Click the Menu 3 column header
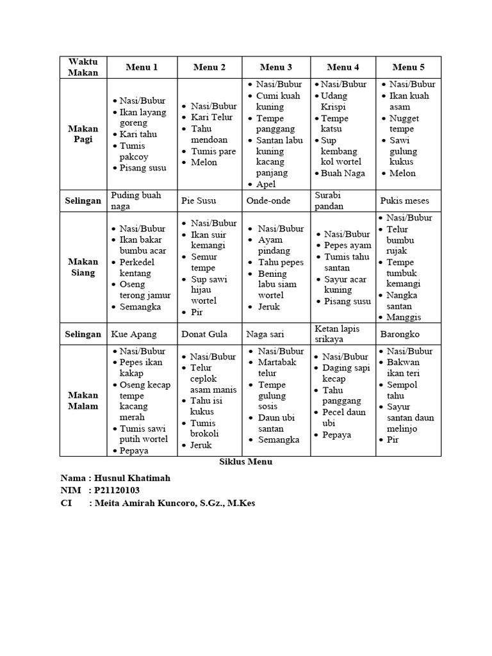pos(276,67)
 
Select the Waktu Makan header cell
pos(83,67)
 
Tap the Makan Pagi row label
pos(83,134)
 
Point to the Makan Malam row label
pos(83,400)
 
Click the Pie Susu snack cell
pos(199,201)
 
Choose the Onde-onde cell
pos(268,201)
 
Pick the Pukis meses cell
pos(405,201)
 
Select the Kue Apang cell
pos(133,334)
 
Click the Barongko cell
pos(401,334)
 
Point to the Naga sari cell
pos(266,334)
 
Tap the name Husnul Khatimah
pos(134,478)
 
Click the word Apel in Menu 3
pos(266,184)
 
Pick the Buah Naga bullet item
pos(343,173)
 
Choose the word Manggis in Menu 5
pos(404,317)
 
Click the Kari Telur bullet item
pos(212,117)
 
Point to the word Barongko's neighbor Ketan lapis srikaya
pos(337,334)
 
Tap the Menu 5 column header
pos(409,67)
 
